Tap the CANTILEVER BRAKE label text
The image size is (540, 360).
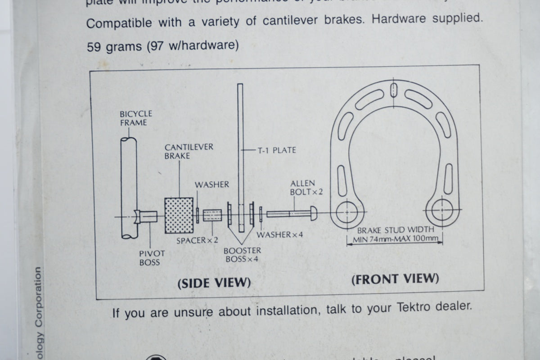tap(182, 151)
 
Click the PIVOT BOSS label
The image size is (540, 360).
tap(149, 257)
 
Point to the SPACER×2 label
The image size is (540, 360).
tap(197, 240)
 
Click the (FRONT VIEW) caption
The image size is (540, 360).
tap(395, 279)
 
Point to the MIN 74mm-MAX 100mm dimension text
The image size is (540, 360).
tap(395, 239)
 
